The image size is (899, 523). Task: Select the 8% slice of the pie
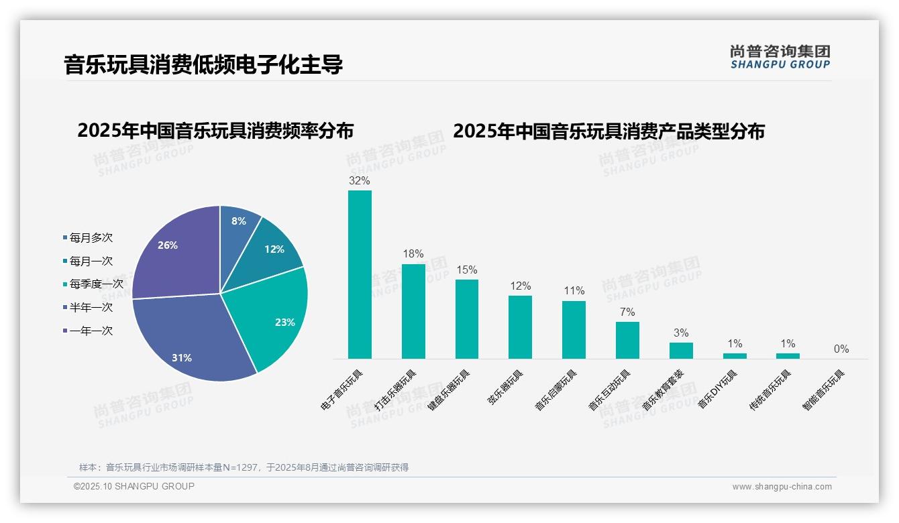click(237, 225)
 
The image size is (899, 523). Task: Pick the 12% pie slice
click(272, 251)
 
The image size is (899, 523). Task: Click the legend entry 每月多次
click(91, 237)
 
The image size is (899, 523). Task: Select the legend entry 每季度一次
click(96, 284)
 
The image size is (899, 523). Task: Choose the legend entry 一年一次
click(91, 331)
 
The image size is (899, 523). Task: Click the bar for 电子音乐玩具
click(360, 275)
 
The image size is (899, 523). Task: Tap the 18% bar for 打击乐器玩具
click(413, 312)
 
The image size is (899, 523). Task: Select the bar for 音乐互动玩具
click(627, 341)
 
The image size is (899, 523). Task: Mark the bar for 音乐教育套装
click(681, 351)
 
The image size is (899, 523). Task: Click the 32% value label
click(360, 180)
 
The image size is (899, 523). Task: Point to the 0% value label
click(841, 349)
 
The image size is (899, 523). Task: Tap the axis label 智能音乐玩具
click(825, 390)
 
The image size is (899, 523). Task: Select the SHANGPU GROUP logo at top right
click(780, 57)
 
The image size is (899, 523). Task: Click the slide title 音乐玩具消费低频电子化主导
click(203, 65)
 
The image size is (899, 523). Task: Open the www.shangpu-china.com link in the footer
click(782, 487)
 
